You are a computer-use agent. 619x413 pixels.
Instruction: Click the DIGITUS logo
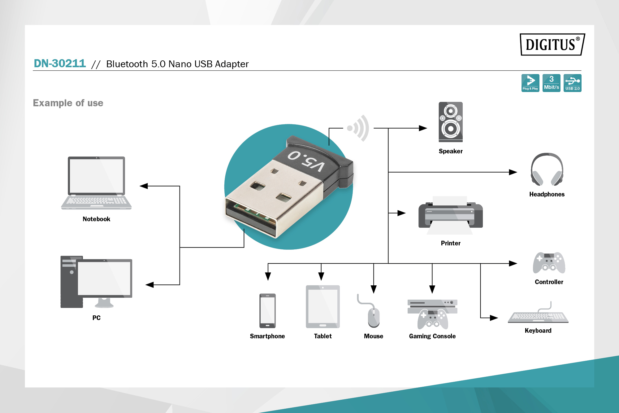[x=552, y=45]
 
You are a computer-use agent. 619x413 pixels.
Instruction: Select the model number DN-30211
[x=60, y=64]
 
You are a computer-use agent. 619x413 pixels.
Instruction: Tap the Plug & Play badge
[x=530, y=83]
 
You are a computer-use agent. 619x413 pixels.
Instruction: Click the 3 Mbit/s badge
[x=551, y=83]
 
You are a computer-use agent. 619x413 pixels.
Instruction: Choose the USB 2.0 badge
[x=572, y=83]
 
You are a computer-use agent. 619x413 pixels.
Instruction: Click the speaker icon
[x=450, y=122]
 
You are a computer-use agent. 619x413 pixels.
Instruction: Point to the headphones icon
[x=547, y=169]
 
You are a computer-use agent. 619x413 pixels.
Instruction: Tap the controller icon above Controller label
[x=549, y=263]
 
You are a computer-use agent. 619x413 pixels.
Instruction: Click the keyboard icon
[x=538, y=316]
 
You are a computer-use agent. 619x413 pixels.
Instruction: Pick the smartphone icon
[x=267, y=311]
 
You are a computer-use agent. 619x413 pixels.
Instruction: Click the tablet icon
[x=323, y=307]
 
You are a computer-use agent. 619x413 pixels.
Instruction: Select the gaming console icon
[x=432, y=314]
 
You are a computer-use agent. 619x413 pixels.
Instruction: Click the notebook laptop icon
[x=96, y=183]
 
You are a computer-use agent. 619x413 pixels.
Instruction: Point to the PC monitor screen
[x=104, y=278]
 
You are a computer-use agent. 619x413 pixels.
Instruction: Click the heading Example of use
[x=68, y=103]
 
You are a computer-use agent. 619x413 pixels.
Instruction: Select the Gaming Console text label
[x=432, y=336]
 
